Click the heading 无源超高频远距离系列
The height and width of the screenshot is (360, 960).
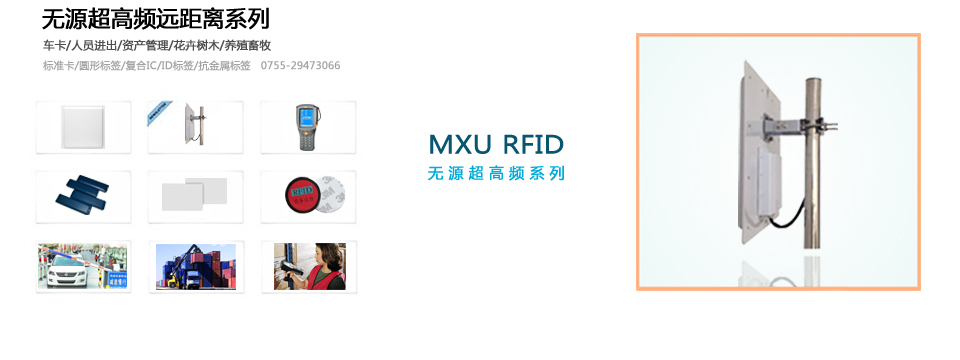[x=156, y=19]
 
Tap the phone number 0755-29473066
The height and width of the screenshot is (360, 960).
[x=300, y=66]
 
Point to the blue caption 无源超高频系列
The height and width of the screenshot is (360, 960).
[x=496, y=173]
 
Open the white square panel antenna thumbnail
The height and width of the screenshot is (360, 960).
[x=84, y=127]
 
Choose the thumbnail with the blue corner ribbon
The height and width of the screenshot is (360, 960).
[x=196, y=127]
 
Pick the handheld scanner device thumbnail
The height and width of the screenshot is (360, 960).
[x=309, y=127]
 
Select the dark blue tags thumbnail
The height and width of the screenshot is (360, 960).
[x=84, y=194]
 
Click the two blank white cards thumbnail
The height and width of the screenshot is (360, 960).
[x=196, y=194]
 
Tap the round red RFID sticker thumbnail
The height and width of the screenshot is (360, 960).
[x=309, y=194]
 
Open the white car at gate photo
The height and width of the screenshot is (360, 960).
[x=84, y=266]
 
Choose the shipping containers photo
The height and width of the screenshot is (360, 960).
[x=196, y=266]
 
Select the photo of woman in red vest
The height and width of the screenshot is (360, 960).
[x=309, y=266]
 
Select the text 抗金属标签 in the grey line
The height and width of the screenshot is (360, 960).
[x=225, y=66]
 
